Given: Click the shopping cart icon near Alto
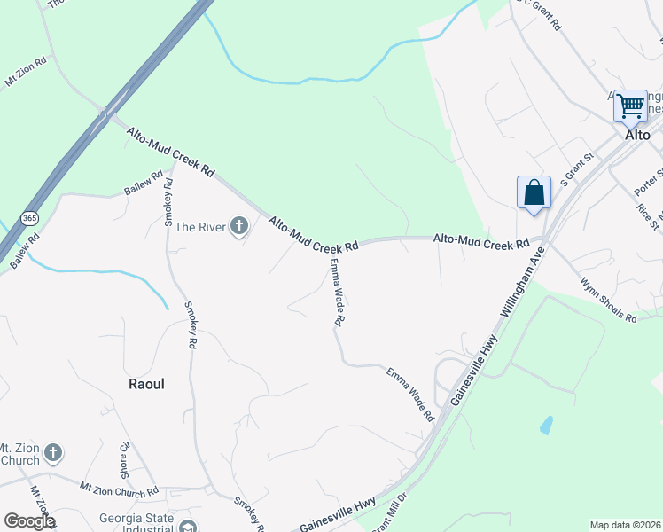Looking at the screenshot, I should [630, 106].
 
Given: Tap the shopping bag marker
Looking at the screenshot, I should [534, 192].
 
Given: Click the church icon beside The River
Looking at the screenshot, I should [238, 227].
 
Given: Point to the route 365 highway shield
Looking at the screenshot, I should [30, 218].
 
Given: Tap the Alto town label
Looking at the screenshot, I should [637, 135].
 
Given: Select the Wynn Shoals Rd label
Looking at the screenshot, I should [609, 301].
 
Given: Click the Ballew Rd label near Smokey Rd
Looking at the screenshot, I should [144, 184].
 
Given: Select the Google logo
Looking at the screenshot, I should [29, 520].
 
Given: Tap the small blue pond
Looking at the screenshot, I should [545, 426].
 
